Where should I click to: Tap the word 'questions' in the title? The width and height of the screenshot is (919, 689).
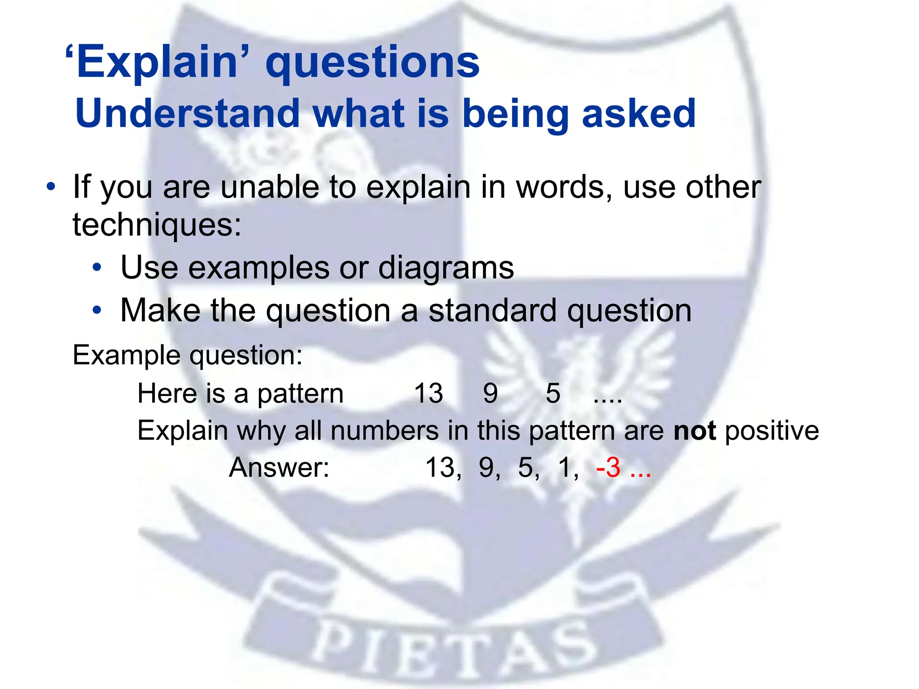[372, 63]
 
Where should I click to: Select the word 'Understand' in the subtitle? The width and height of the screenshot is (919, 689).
[188, 113]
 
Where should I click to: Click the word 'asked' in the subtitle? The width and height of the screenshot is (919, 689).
[639, 113]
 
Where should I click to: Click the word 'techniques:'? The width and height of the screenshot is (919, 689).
[157, 224]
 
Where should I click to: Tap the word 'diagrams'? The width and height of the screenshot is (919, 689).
[446, 268]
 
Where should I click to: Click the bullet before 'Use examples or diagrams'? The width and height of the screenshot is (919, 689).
[97, 268]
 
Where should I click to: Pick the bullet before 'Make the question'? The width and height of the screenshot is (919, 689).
[97, 310]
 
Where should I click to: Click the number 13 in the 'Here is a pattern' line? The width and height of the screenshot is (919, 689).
[429, 393]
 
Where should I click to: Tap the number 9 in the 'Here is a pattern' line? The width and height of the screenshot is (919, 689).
[490, 393]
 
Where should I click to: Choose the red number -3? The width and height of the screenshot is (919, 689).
[609, 467]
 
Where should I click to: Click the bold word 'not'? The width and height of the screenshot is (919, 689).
[695, 431]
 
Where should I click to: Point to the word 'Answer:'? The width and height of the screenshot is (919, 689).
[279, 467]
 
